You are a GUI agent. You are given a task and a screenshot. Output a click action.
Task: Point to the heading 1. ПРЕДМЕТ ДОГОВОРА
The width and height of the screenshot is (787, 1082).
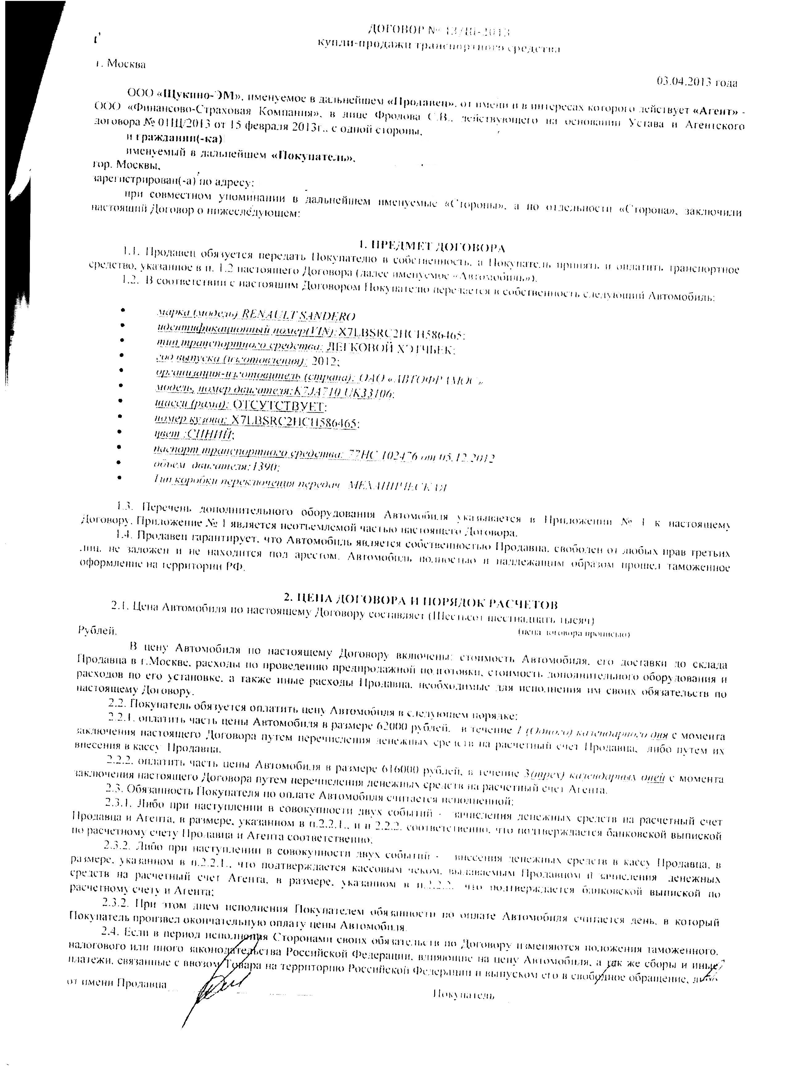click(432, 247)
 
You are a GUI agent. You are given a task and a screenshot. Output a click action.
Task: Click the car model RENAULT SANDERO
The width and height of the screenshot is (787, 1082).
click(298, 316)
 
